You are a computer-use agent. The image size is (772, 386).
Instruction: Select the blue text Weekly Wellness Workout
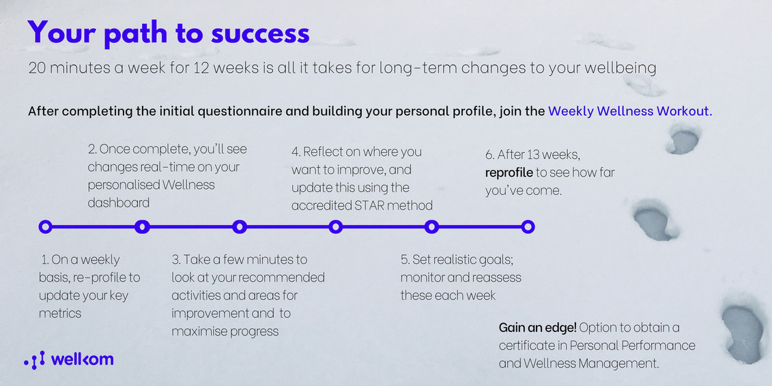coord(629,111)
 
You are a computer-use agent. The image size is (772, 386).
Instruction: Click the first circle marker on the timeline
coord(46,227)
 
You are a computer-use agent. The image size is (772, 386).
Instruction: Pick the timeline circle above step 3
coord(240,227)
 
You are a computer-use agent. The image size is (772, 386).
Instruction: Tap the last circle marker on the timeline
coord(528,227)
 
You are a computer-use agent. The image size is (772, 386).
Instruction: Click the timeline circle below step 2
coord(142,227)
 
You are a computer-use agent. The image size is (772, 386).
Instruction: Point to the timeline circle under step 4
coord(336,227)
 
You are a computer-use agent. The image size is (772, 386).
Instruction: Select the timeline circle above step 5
coord(431,227)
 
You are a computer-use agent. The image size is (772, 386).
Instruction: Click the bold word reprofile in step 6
coord(509,173)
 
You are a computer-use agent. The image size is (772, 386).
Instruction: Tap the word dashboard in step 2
coord(118,203)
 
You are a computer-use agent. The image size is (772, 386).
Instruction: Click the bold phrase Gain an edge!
coord(537,328)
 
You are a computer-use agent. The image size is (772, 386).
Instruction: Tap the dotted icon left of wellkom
coord(34,360)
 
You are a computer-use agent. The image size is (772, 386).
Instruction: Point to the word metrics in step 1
coord(60,314)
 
